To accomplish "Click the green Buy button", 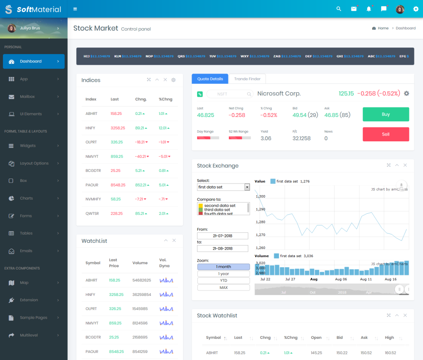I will [386, 114].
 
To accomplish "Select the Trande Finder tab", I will [247, 79].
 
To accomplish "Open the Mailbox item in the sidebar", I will [27, 97].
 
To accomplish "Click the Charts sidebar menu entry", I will [26, 198].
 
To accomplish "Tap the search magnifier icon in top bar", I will [339, 9].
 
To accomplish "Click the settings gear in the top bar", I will [416, 9].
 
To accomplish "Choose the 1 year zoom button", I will [223, 274].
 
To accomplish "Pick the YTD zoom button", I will [223, 281].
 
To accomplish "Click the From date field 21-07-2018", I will [223, 236].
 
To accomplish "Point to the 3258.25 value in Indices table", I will [118, 128].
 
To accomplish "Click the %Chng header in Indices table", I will [166, 99].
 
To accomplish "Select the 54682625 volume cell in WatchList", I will [142, 280].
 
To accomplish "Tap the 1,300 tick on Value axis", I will [261, 196].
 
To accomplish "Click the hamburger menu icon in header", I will [75, 9].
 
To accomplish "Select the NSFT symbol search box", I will [230, 94].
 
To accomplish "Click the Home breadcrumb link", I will [383, 28].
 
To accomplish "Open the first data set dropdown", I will [223, 187].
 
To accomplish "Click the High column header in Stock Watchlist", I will [389, 338].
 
